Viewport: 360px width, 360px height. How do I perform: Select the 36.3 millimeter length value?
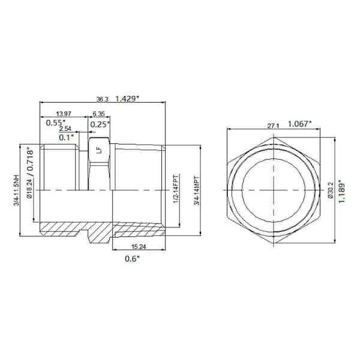click(103, 98)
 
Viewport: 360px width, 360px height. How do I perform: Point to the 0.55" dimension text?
click(58, 124)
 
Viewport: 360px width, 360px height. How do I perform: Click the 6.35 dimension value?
click(98, 113)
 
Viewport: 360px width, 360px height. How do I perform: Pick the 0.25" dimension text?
click(100, 124)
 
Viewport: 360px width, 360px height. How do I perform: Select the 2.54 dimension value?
click(66, 128)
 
